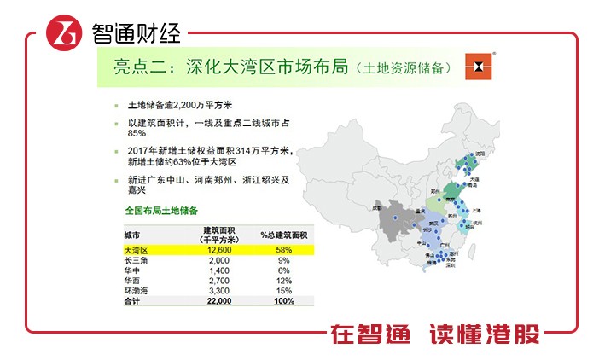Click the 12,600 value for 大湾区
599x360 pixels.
(x=218, y=250)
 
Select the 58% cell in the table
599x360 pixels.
(x=284, y=250)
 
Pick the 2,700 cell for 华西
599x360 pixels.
(x=218, y=281)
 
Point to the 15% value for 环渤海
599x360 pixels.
(x=284, y=291)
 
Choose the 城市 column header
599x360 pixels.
(x=132, y=233)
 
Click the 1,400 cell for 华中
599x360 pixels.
(x=218, y=270)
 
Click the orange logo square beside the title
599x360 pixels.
(x=480, y=67)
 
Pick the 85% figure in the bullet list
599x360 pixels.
(x=137, y=133)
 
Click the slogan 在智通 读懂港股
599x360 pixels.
(x=436, y=334)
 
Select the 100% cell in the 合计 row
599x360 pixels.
(x=284, y=301)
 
